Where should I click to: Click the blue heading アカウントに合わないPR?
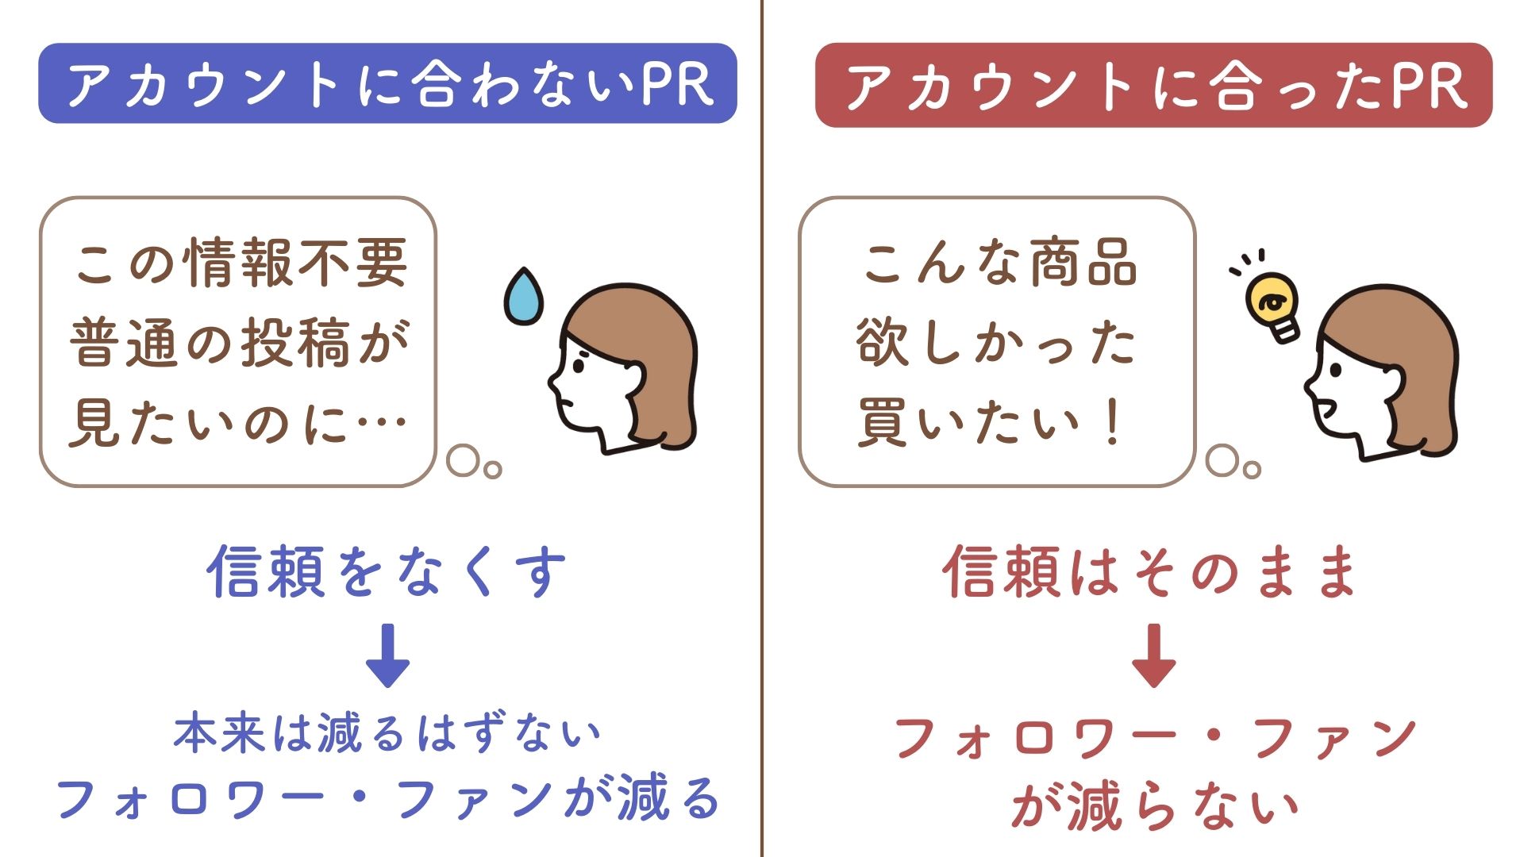[x=387, y=83]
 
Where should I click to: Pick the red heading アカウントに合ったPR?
[x=1153, y=85]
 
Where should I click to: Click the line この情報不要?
[x=241, y=263]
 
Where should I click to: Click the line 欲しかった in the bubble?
[x=996, y=343]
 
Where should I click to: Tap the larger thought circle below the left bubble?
[x=463, y=460]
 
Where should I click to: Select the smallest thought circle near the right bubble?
[x=1252, y=470]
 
